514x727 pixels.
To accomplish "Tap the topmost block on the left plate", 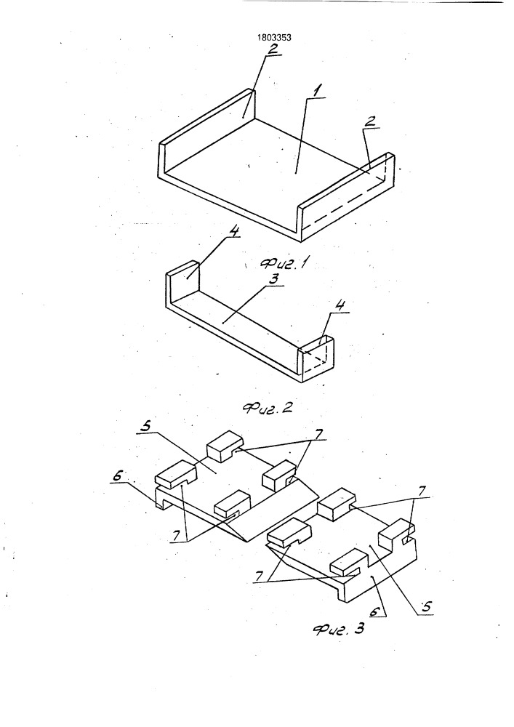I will tap(226, 445).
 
